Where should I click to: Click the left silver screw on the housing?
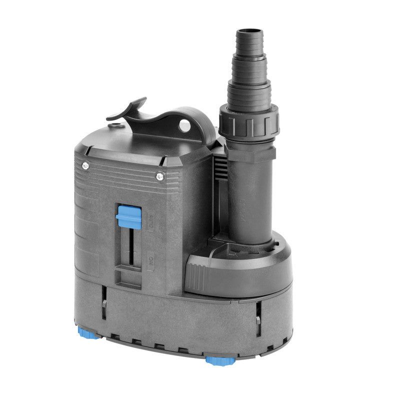(x=85, y=165)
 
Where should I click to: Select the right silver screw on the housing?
(x=159, y=175)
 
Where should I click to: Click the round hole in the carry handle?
(x=185, y=125)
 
